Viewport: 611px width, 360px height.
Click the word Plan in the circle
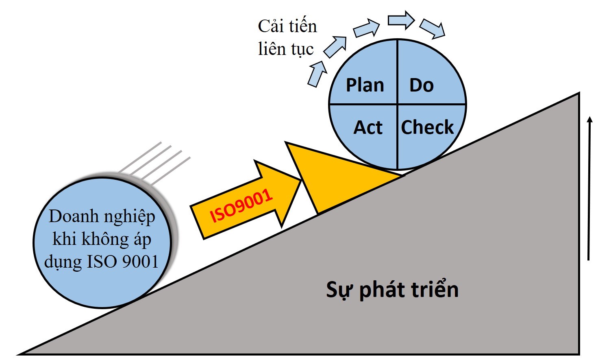coord(365,85)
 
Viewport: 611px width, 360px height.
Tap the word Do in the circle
coord(422,85)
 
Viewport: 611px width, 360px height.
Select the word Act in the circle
coord(368,128)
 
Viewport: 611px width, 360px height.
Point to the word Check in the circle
coord(427,127)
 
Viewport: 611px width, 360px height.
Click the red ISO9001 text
coord(241,206)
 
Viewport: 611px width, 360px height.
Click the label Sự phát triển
coord(392,290)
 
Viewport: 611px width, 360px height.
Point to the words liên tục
coord(286,50)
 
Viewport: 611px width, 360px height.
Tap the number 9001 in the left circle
coord(140,262)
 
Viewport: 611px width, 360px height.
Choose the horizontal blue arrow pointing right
coord(401,20)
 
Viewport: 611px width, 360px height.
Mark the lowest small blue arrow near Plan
coord(317,74)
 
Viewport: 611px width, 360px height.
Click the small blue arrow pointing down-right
coord(433,28)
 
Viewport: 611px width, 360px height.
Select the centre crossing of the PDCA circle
coord(397,105)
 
